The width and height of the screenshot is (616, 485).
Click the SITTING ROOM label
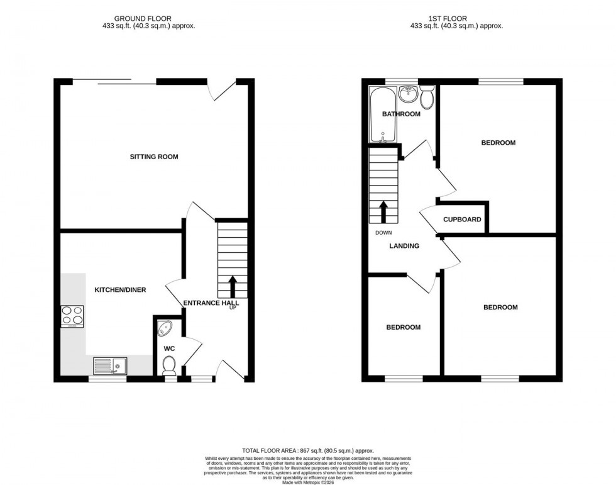pyautogui.click(x=154, y=157)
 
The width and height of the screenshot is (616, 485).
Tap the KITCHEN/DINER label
pyautogui.click(x=120, y=290)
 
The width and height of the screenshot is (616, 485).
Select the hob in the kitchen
pyautogui.click(x=72, y=316)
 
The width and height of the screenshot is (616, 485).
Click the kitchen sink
pyautogui.click(x=109, y=365)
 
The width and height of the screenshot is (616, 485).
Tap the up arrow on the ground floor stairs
pyautogui.click(x=232, y=286)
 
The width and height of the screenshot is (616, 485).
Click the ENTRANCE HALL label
pyautogui.click(x=211, y=303)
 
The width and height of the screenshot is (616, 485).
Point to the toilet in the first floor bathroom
pyautogui.click(x=427, y=98)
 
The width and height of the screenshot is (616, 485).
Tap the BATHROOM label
pyautogui.click(x=401, y=114)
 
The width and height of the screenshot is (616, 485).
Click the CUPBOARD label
pyautogui.click(x=462, y=220)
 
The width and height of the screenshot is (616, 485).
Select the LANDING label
pyautogui.click(x=404, y=246)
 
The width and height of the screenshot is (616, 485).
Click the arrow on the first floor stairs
pyautogui.click(x=383, y=212)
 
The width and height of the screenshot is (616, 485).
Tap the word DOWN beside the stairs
pyautogui.click(x=383, y=232)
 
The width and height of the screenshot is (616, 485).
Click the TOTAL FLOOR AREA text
pyautogui.click(x=308, y=450)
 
